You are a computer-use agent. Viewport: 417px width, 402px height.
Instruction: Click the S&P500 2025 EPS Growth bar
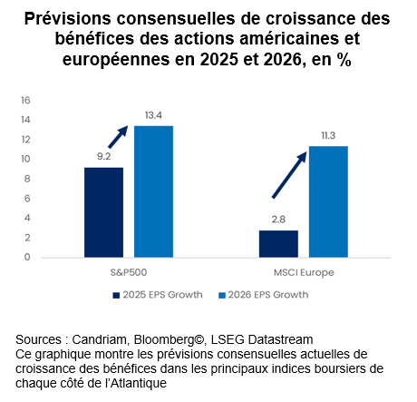coord(103,212)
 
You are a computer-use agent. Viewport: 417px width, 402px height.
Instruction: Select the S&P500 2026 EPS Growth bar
coord(153,191)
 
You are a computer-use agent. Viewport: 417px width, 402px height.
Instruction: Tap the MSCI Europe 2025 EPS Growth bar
coord(278,244)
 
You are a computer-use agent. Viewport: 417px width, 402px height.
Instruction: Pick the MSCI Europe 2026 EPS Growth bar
coord(328,201)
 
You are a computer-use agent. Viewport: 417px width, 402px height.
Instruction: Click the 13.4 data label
coord(153,115)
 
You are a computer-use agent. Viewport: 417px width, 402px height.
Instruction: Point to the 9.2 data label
coord(103,156)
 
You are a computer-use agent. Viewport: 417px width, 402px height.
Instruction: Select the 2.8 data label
coord(278,220)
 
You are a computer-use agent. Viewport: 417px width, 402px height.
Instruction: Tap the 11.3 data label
coord(328,135)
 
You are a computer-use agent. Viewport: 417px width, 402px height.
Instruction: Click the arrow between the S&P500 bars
coord(118,137)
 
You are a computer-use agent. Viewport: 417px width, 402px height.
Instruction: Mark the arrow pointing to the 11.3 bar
coord(289,175)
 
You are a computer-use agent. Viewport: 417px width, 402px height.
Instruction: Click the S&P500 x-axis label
coord(129,272)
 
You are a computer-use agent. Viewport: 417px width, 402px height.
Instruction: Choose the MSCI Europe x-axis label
coord(304,272)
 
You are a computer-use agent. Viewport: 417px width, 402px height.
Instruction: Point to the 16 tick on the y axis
coord(25,100)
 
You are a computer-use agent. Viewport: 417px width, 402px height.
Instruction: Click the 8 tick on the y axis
coord(27,179)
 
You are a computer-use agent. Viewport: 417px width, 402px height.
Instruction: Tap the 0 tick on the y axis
coord(27,257)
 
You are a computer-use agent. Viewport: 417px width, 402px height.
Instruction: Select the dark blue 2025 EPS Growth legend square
coord(116,295)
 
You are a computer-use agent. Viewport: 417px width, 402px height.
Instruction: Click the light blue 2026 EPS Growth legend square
coord(222,295)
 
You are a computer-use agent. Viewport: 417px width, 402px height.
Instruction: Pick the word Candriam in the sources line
coord(99,339)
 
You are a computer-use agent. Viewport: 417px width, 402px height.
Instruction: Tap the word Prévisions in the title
coord(68,18)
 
